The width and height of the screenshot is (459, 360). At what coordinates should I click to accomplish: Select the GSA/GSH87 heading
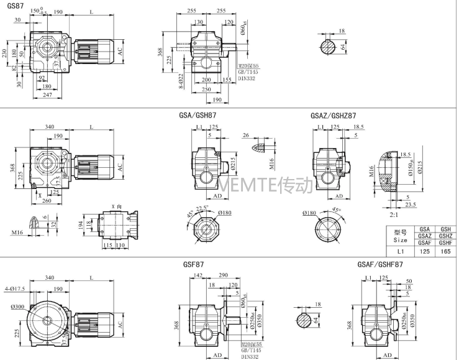(x=198, y=116)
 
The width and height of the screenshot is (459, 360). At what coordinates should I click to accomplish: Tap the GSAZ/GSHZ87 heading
(x=333, y=116)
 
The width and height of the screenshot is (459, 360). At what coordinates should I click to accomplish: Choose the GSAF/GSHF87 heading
(x=381, y=264)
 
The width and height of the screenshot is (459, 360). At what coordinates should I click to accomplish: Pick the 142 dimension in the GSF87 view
(x=198, y=275)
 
